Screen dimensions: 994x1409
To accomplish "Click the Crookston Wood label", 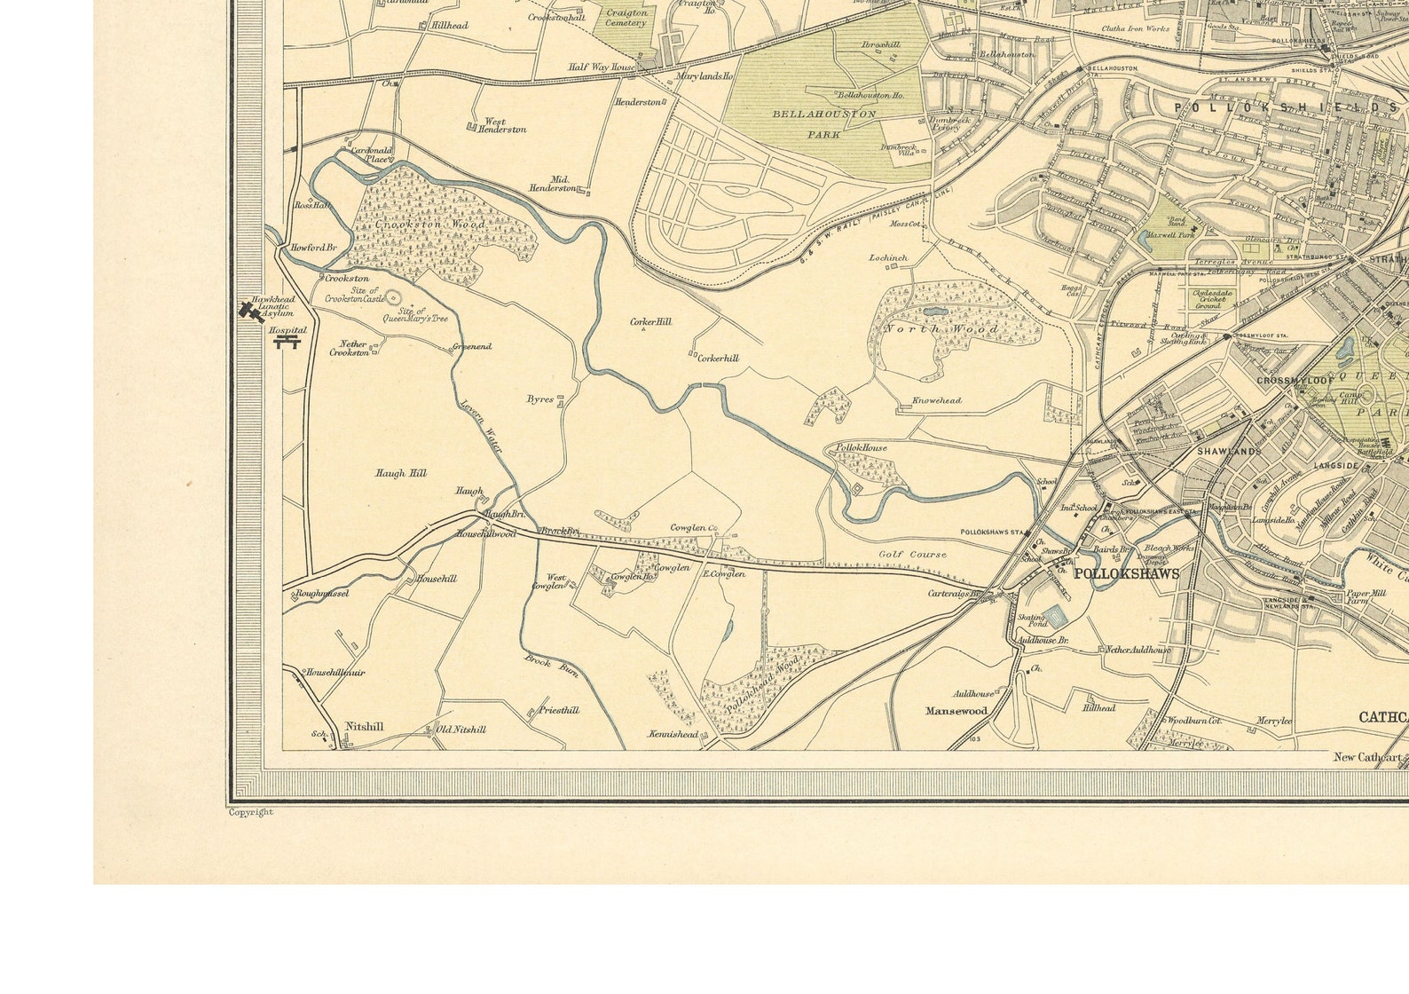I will click(x=430, y=225).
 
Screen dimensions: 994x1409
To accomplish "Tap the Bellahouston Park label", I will click(x=824, y=124).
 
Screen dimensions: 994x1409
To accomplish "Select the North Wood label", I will click(x=941, y=329).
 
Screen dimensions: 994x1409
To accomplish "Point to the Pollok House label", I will click(x=861, y=448).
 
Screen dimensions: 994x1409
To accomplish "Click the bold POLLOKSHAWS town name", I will click(x=1126, y=574).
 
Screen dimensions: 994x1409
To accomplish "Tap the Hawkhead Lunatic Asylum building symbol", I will click(x=249, y=311).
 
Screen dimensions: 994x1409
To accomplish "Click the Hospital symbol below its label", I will click(x=287, y=342).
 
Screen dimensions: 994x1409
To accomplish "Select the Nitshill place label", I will click(x=364, y=726).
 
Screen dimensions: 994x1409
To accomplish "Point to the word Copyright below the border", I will click(x=251, y=812).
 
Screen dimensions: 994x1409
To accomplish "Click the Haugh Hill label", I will click(x=400, y=474).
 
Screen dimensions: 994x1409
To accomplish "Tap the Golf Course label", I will click(x=912, y=555).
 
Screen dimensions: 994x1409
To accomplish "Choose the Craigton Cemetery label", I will click(x=626, y=18).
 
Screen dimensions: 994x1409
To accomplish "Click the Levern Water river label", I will click(x=481, y=428).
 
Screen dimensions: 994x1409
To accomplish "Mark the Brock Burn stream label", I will click(x=551, y=665).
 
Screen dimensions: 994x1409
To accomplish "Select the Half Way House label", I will click(x=602, y=67).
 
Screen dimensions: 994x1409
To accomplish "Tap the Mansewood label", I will click(x=956, y=711).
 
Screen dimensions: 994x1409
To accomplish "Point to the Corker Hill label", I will click(x=650, y=322).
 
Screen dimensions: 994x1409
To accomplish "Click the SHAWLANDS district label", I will click(x=1229, y=452).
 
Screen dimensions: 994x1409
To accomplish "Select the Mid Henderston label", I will click(x=553, y=184).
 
